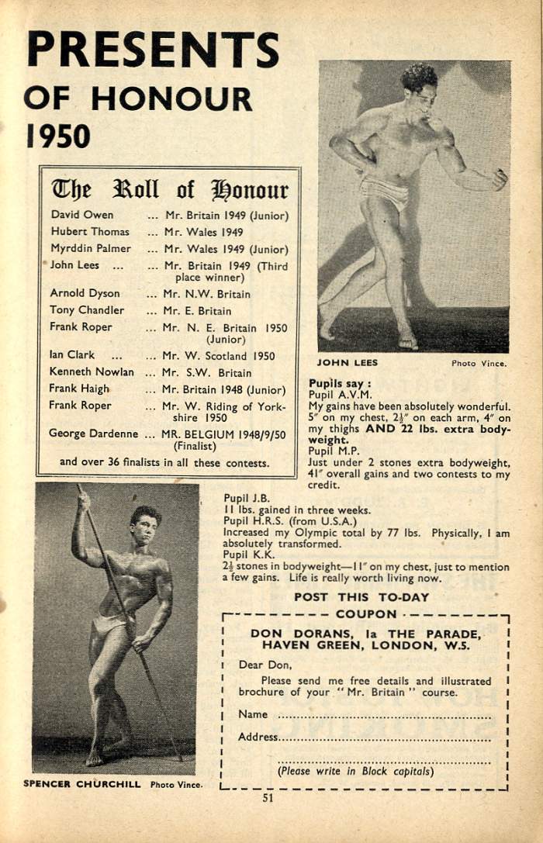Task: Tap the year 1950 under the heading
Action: click(x=58, y=136)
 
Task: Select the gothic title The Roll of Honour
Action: click(x=169, y=189)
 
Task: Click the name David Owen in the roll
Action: click(x=81, y=215)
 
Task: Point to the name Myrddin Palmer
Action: click(x=90, y=248)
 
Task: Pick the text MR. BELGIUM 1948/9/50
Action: click(x=223, y=434)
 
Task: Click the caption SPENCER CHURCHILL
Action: click(x=81, y=783)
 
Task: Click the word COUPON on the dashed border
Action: click(x=365, y=614)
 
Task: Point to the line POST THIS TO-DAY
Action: click(x=361, y=597)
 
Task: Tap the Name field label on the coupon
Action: click(x=253, y=714)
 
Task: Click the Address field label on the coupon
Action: click(x=258, y=737)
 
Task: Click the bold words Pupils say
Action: click(x=340, y=383)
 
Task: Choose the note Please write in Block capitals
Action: click(x=355, y=771)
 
